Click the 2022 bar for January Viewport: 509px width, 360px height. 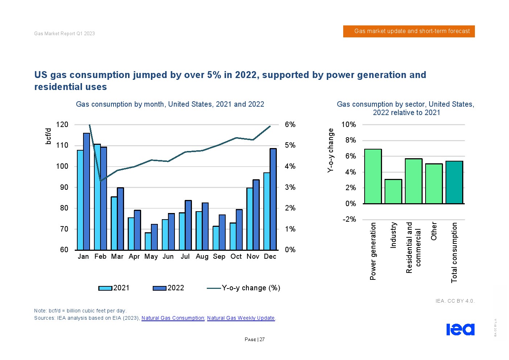[x=86, y=191]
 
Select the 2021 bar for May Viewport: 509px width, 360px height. [x=148, y=241]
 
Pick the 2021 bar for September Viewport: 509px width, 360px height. [x=216, y=238]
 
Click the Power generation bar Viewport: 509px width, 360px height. [x=373, y=176]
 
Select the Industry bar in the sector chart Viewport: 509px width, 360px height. [x=393, y=191]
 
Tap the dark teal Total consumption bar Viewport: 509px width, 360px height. [x=454, y=182]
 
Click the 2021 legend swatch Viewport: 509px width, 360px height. [x=105, y=288]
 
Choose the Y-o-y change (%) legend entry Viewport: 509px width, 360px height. [x=243, y=288]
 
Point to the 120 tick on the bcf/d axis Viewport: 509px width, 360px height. [x=62, y=124]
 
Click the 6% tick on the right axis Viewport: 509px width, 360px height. [x=290, y=124]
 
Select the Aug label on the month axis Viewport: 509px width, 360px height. [x=202, y=257]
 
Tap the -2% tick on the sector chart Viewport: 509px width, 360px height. [x=349, y=219]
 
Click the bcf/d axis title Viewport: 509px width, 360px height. [x=48, y=136]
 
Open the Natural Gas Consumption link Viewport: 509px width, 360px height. [x=173, y=318]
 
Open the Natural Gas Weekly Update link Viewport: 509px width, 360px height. [x=241, y=318]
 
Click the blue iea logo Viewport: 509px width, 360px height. [x=460, y=329]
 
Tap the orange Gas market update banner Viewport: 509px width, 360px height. [x=409, y=31]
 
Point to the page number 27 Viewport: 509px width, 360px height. [x=262, y=340]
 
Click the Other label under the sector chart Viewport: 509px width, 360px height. [x=434, y=231]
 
